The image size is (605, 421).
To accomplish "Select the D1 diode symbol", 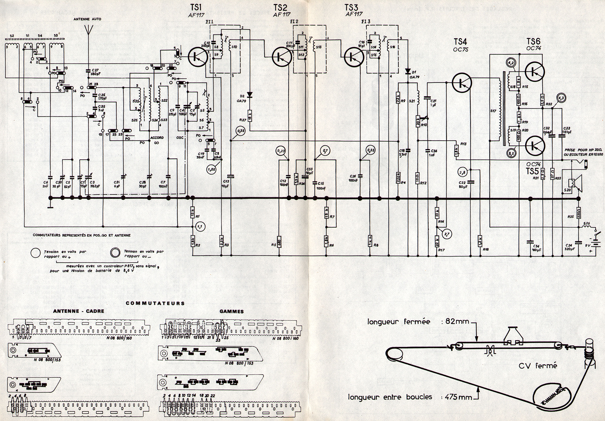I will click(408, 71).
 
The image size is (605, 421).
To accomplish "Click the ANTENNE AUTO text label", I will click(87, 19).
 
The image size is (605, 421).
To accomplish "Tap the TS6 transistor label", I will click(533, 42).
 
